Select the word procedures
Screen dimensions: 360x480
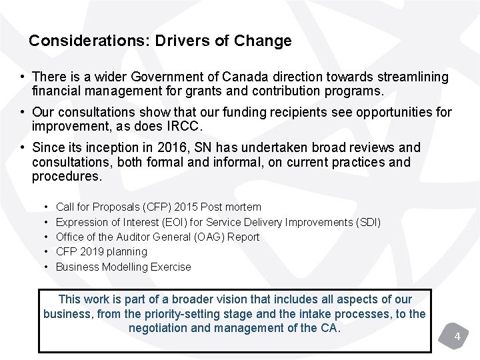point(67,177)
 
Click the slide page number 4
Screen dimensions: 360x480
point(457,337)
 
